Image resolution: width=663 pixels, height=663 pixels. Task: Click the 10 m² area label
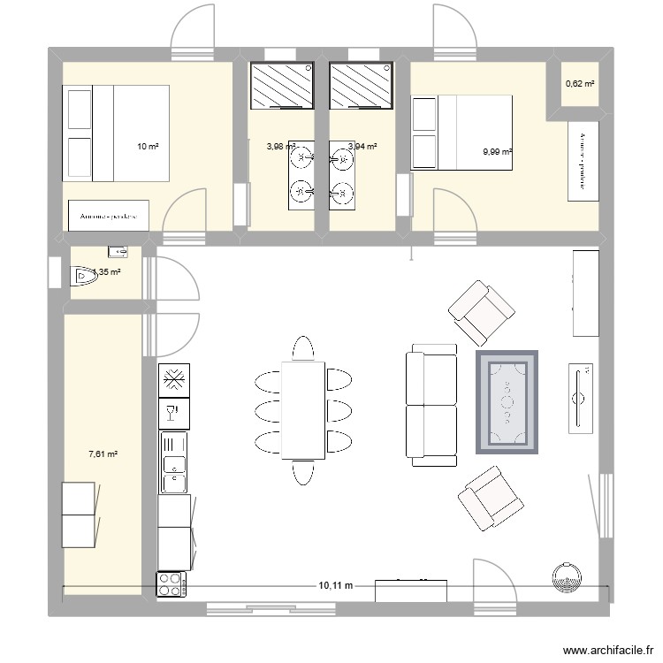pos(147,147)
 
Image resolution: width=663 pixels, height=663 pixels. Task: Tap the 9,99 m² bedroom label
pos(498,152)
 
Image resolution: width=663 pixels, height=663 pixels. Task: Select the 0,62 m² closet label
pos(580,84)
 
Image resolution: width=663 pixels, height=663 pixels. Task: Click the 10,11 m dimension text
pos(335,585)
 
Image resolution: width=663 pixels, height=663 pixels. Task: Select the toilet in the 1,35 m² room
pos(86,277)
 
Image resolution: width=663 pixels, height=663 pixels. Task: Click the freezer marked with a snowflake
pos(174,380)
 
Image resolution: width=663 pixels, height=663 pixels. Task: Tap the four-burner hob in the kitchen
pos(171,583)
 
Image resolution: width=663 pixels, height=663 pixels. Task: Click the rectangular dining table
pos(302,410)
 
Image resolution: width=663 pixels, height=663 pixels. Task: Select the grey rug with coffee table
pos(507,402)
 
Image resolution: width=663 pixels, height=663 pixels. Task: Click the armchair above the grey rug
pos(481,312)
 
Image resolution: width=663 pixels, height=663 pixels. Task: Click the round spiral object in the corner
pos(565,578)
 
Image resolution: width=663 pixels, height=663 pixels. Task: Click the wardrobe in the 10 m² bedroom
pos(109,216)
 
